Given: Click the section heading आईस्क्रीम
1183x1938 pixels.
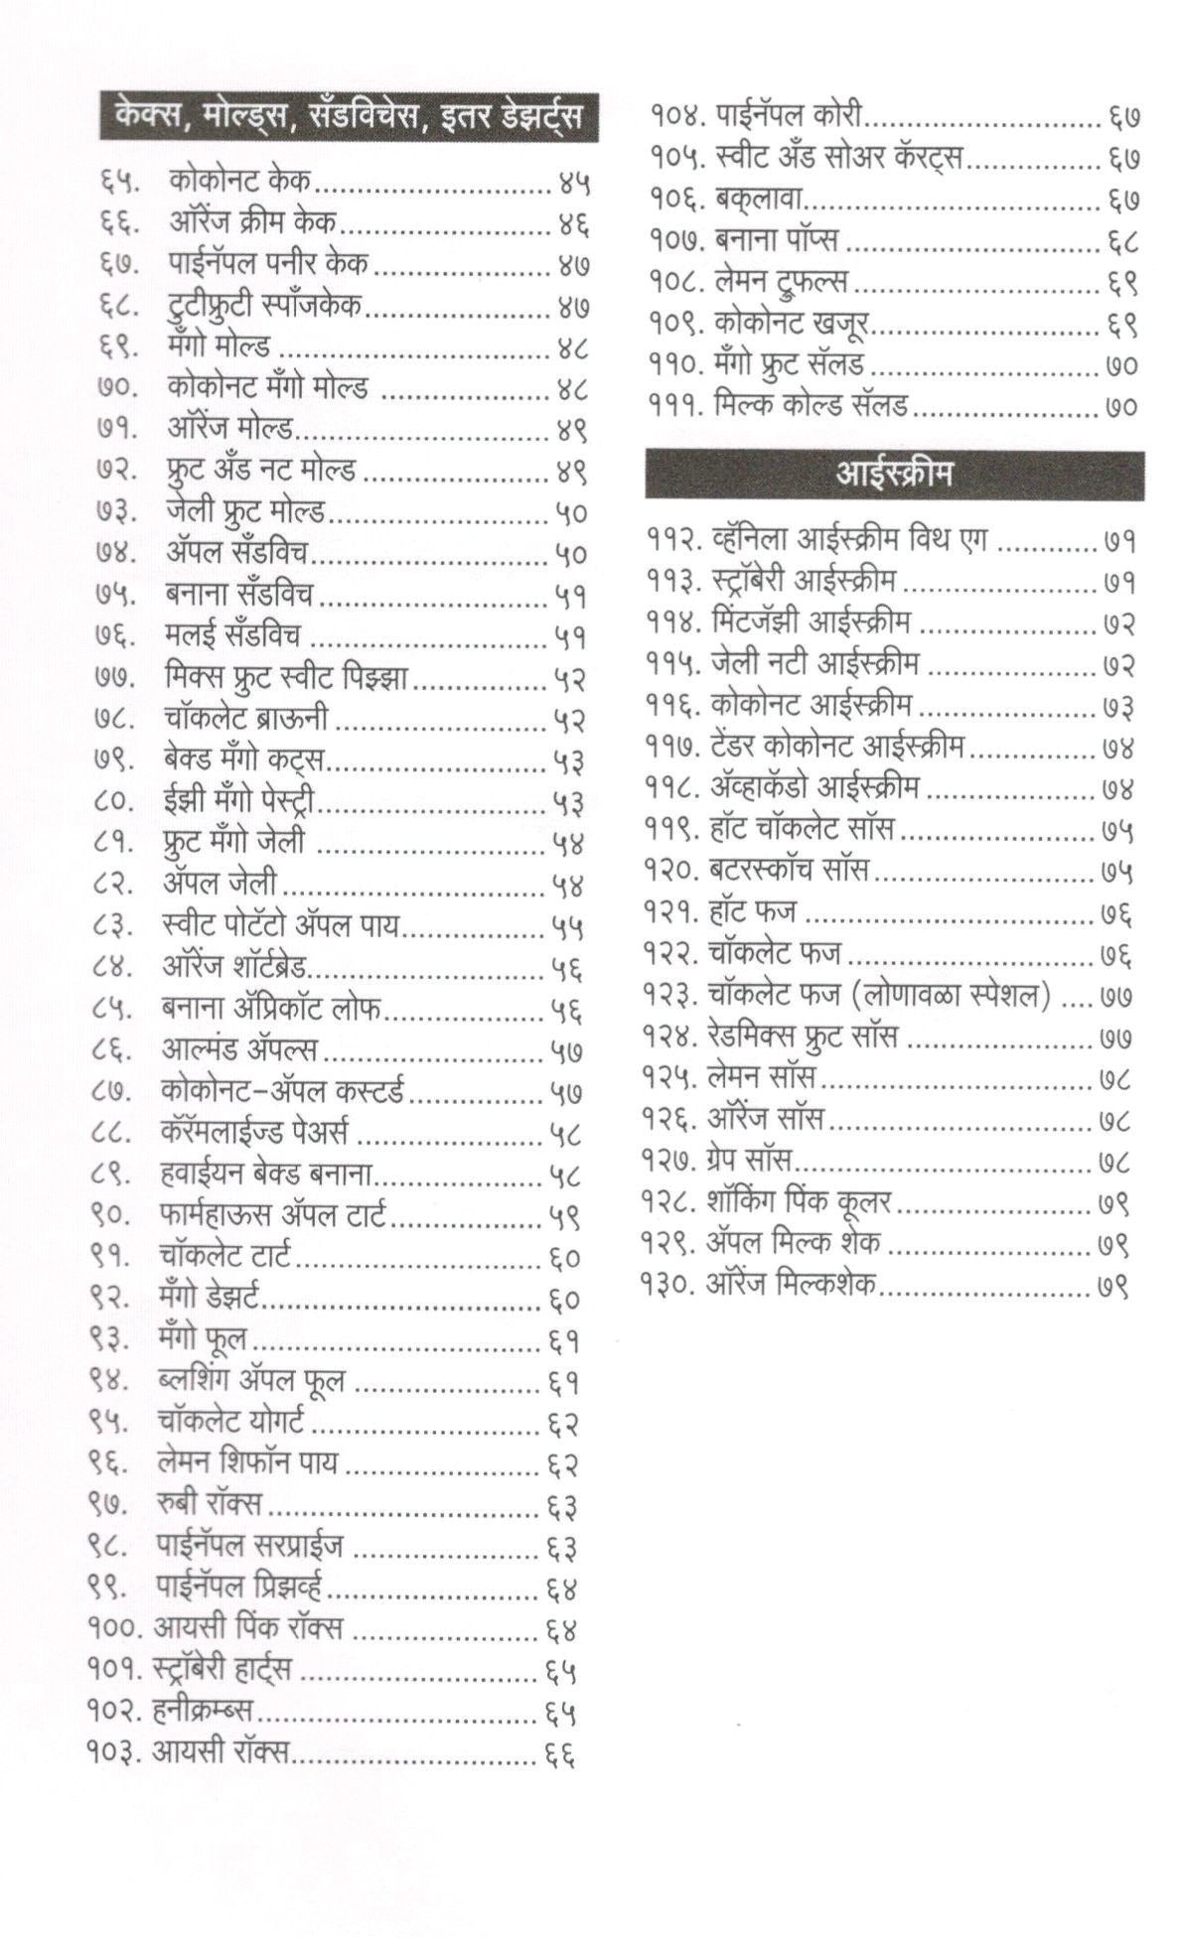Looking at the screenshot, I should pos(893,475).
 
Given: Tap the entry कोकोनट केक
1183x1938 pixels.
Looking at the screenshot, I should pos(239,181).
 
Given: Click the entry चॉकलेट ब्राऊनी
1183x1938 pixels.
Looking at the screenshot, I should pos(245,718).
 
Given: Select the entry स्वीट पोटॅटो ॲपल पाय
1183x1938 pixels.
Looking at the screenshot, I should pos(280,925).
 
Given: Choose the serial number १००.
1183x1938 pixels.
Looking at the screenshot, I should pos(116,1628).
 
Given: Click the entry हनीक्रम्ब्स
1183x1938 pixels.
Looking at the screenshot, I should pos(204,1711).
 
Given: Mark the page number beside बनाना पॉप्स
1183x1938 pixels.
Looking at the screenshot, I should pos(1121,241).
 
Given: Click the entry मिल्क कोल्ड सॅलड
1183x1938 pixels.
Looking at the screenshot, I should pos(809,406).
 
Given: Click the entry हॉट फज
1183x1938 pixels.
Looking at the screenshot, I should pos(752,911).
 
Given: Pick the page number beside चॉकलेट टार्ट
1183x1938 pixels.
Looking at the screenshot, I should pos(563,1258).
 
